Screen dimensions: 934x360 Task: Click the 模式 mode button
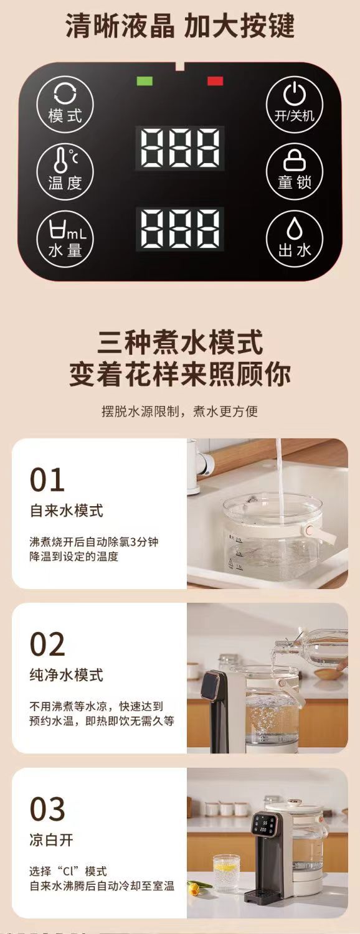coord(65,104)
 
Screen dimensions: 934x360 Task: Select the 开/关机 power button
coord(295,104)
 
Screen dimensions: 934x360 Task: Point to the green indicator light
coord(144,80)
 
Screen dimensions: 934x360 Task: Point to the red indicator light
coord(215,80)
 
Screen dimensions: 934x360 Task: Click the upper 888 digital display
coord(180,148)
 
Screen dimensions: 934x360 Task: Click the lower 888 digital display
coord(180,229)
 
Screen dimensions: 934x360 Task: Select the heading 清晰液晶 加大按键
coord(180,27)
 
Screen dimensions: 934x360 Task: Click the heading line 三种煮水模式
coord(180,343)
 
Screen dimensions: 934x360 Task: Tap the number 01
coord(47,480)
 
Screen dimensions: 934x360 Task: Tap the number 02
coord(47,644)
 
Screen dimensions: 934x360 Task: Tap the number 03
coord(47,809)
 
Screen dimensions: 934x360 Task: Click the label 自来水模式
coord(67,511)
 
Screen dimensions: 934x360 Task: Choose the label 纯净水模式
coord(67,675)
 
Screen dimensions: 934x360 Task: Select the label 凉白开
coord(52,839)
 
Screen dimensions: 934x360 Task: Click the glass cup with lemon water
coord(226,873)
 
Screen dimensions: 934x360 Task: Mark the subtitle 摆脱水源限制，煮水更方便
coord(180,412)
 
